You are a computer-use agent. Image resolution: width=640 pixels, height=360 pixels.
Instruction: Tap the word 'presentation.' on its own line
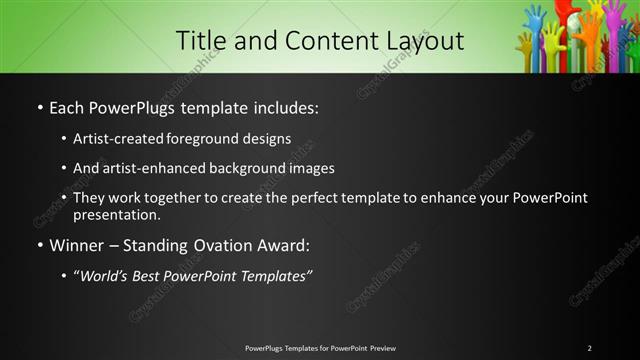(x=116, y=214)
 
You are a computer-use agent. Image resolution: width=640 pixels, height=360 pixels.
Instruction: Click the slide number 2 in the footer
(x=589, y=348)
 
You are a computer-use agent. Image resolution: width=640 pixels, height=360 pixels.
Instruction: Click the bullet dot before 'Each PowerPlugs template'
(x=39, y=107)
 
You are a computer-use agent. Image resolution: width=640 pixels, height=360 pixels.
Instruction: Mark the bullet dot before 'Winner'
(x=39, y=245)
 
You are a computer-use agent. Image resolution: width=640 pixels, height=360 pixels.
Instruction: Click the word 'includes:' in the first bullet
(x=288, y=106)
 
